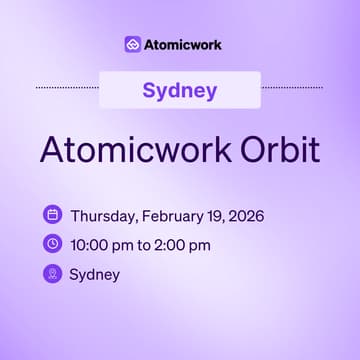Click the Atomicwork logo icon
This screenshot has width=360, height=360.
(133, 44)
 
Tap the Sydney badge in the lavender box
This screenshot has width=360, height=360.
(180, 90)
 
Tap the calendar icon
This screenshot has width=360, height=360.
(52, 214)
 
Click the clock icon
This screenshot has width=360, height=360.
(52, 243)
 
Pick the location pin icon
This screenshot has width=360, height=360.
(52, 273)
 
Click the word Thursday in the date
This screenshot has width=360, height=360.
(103, 215)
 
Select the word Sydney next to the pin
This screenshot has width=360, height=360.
(94, 274)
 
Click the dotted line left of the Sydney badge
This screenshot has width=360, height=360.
(68, 88)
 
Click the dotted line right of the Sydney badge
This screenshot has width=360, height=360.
(292, 88)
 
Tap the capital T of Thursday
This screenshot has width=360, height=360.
(73, 215)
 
